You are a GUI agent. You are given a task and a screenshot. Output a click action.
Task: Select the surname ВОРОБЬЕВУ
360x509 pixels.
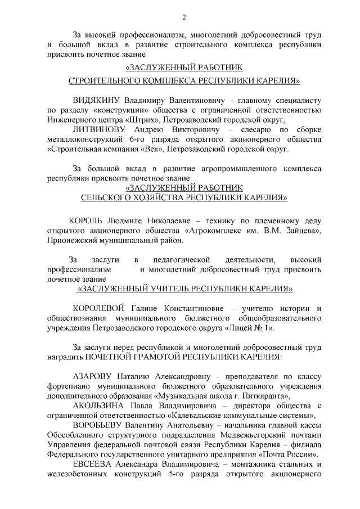(101, 425)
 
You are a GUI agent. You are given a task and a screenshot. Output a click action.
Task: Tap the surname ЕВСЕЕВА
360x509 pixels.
(93, 465)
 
